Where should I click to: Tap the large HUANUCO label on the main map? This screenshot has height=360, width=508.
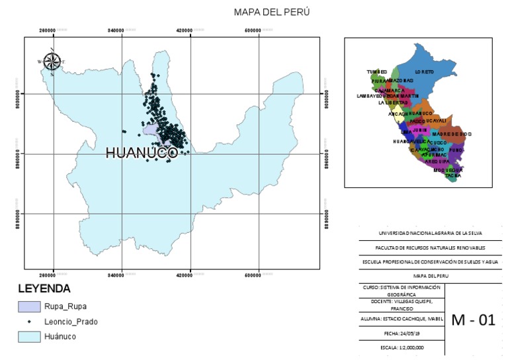point(142,153)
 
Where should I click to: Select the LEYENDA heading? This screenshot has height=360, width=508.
point(44,289)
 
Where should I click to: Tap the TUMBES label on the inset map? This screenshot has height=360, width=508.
point(376,71)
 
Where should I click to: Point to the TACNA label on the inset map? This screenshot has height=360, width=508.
point(452,176)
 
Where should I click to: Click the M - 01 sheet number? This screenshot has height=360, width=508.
point(473,320)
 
